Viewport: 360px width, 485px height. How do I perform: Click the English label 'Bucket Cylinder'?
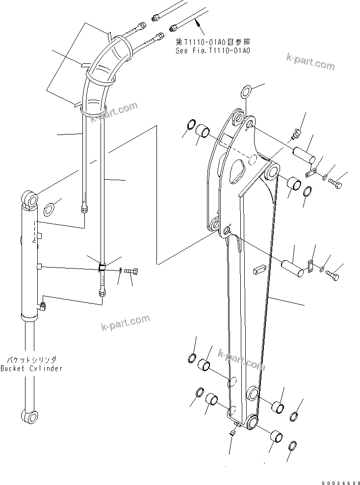pos(31,368)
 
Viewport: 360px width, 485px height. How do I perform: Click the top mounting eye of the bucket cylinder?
pos(30,199)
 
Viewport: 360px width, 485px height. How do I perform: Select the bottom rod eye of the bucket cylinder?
pos(30,417)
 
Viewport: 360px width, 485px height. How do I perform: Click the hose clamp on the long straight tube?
pos(102,268)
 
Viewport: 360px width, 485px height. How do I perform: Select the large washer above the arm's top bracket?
pos(246,91)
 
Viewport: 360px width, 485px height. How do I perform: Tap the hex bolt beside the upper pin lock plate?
pos(336,184)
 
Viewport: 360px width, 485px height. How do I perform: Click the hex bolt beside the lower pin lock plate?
pos(332,276)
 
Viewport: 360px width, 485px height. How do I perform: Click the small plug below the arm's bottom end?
pos(232,432)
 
